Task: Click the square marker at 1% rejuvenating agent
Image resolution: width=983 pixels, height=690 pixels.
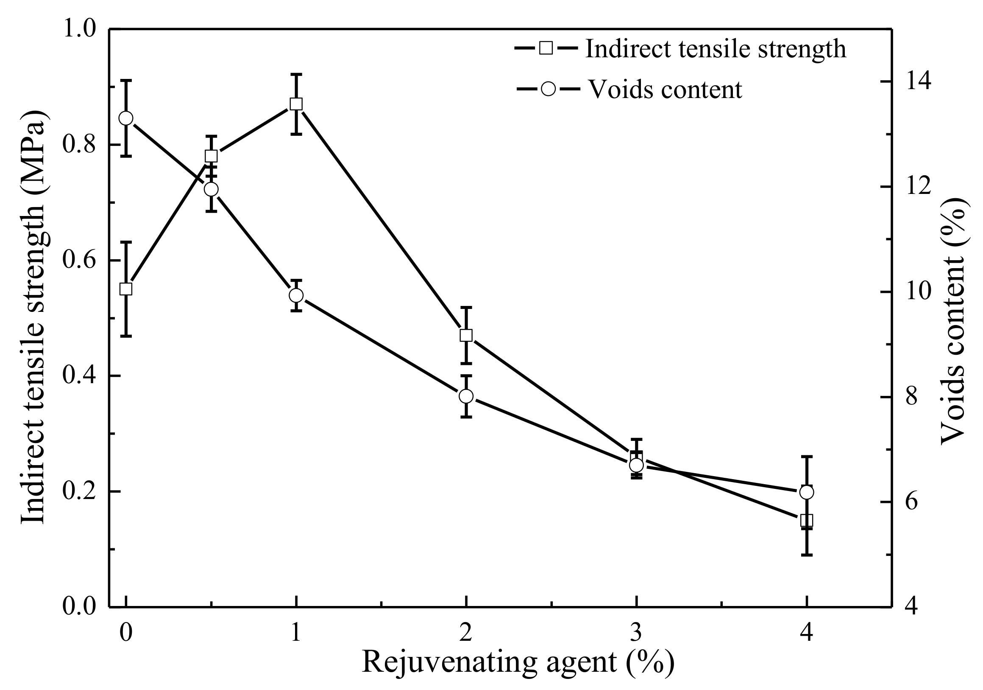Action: click(x=296, y=104)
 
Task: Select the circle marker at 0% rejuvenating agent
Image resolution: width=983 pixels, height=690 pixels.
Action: click(x=125, y=118)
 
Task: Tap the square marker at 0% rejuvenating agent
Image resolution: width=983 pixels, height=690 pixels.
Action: click(x=125, y=289)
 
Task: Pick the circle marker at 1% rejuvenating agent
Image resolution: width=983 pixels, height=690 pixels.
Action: click(x=296, y=295)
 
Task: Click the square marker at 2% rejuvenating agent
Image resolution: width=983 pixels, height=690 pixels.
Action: click(x=466, y=335)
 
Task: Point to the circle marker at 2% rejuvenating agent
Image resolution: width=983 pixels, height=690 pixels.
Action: click(x=466, y=396)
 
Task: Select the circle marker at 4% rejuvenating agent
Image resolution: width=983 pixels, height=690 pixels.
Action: click(x=807, y=492)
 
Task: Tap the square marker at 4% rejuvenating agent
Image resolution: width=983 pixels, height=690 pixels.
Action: click(x=807, y=520)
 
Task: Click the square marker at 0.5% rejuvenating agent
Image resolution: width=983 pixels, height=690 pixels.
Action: click(x=211, y=156)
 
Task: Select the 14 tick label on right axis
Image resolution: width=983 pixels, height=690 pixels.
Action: click(x=918, y=82)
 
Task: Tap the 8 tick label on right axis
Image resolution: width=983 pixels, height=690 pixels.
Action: click(x=912, y=397)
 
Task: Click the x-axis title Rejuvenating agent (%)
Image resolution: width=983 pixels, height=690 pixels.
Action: click(x=518, y=662)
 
